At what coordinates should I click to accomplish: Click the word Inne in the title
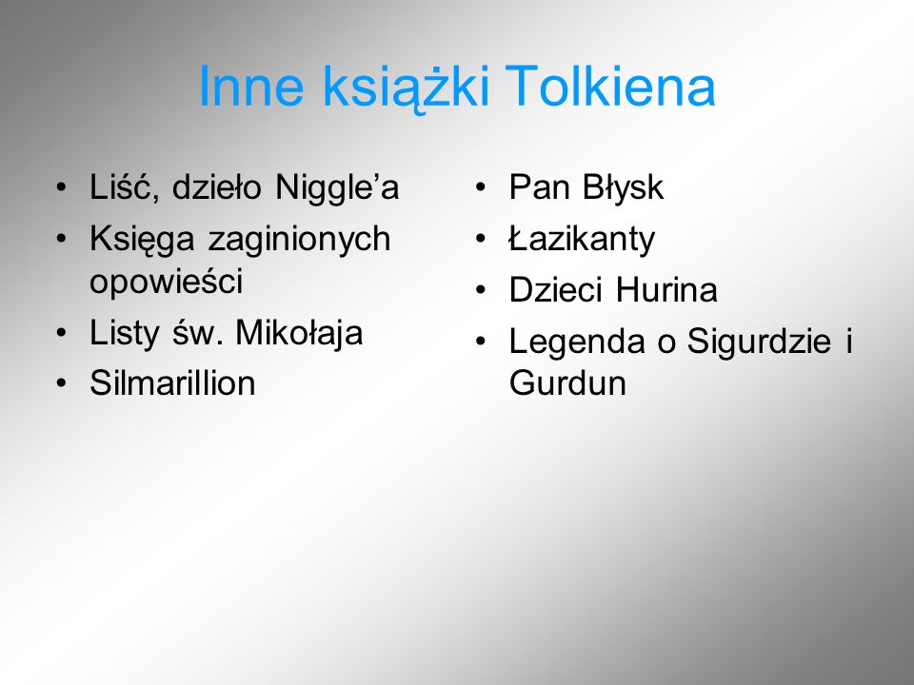coord(251,87)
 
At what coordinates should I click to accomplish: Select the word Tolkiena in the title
coord(610,86)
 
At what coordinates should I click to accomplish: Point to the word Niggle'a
coord(337,188)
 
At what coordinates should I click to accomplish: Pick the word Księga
coord(142,240)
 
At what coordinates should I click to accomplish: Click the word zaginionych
coord(299,240)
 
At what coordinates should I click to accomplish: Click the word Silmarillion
coord(172,383)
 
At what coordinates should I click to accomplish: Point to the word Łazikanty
coord(582,240)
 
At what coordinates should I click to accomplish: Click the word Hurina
coord(666,290)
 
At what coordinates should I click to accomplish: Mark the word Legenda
coord(577,342)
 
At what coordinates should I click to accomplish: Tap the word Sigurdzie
coord(759,342)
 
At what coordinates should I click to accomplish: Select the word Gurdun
coord(567,383)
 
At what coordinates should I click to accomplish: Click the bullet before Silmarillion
coord(61,383)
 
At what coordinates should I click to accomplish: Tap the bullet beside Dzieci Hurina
coord(480,291)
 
